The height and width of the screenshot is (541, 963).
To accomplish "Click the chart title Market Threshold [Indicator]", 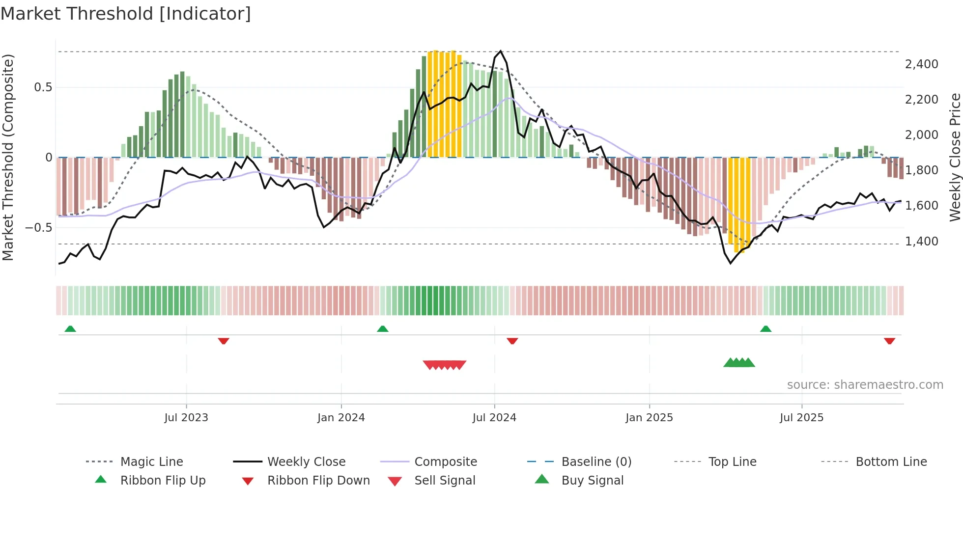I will (x=126, y=14).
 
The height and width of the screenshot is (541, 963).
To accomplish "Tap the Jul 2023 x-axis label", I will (x=186, y=418).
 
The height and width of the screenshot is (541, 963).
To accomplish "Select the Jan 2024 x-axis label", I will (x=341, y=418).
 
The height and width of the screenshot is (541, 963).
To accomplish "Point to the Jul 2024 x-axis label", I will (x=494, y=418).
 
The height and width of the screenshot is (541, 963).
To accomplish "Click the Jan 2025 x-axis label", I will (x=649, y=418).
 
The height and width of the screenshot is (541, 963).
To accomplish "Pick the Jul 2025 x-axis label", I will (x=801, y=418).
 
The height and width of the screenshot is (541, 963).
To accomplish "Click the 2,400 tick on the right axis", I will (x=921, y=64).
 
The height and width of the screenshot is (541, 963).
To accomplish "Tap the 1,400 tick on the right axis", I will (x=921, y=242).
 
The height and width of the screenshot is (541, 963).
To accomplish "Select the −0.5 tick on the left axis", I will (x=38, y=228).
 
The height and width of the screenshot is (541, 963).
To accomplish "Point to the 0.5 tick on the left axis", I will (x=43, y=87).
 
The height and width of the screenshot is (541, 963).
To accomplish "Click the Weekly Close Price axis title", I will (x=955, y=157).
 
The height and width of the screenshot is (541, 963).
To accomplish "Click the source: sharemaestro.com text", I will (x=865, y=385).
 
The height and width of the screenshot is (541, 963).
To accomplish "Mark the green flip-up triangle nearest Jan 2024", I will (x=383, y=329).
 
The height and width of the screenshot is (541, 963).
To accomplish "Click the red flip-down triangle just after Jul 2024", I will (x=512, y=341).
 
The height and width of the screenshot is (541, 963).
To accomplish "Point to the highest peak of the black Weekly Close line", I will (x=501, y=51).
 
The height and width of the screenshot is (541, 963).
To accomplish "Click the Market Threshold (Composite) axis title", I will (x=8, y=157).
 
